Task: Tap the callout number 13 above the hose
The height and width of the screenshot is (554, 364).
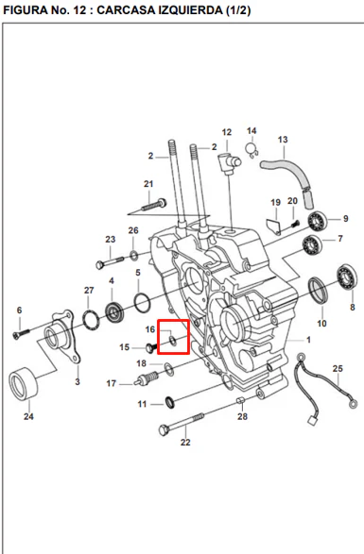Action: [283, 140]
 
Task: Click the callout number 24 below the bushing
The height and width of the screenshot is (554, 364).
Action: [28, 416]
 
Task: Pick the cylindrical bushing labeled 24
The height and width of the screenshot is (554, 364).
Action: [23, 384]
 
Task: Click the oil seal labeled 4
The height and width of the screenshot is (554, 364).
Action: [114, 312]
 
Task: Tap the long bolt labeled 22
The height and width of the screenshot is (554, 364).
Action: [182, 424]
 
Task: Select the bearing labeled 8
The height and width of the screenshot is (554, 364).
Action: [347, 277]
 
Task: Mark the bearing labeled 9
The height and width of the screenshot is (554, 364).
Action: [317, 221]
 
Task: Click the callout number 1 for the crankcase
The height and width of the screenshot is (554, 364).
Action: [308, 340]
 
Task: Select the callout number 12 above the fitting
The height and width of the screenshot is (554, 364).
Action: [227, 132]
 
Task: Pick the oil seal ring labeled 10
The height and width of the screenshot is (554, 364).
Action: [319, 291]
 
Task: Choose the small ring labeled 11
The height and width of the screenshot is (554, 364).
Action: [170, 402]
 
